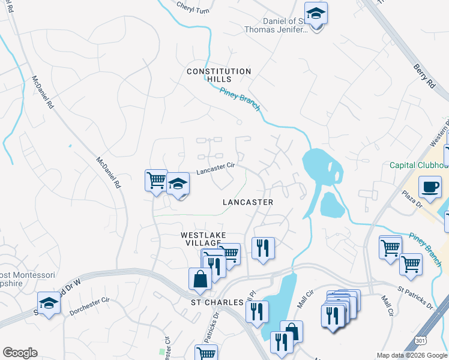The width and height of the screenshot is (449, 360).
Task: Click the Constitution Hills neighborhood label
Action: coord(218,76)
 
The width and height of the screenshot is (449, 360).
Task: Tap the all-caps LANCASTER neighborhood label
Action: coord(248,202)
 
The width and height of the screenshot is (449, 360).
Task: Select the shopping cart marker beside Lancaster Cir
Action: coord(156,179)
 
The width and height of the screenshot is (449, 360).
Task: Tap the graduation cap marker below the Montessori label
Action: coord(49,302)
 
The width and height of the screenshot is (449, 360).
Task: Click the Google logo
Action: coord(20,353)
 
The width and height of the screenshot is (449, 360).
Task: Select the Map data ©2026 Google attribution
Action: coord(411,355)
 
